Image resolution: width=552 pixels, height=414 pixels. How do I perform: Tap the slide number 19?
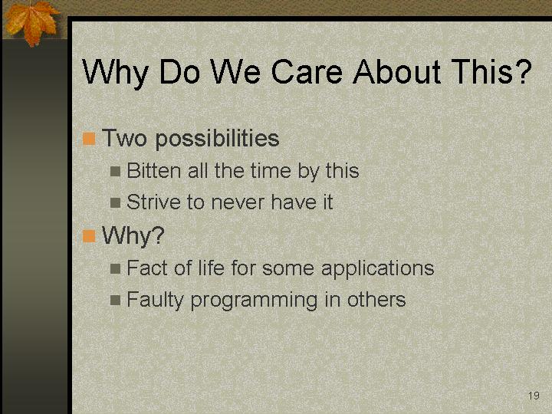(534, 396)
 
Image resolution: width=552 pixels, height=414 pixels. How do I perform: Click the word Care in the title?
(307, 71)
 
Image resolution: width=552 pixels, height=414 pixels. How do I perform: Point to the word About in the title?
(397, 71)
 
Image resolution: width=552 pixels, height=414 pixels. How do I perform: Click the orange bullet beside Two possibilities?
(89, 138)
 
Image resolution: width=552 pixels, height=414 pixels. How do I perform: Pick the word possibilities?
(217, 138)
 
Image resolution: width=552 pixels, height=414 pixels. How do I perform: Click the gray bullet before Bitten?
(115, 172)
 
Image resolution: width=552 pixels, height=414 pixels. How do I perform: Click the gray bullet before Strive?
(115, 202)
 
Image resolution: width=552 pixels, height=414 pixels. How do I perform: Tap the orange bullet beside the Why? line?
(89, 236)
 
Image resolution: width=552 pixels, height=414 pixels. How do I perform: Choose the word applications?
(377, 269)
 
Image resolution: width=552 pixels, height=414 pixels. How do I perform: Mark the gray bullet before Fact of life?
(115, 269)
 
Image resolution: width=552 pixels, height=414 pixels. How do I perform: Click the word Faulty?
(155, 301)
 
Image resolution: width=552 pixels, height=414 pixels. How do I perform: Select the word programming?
(254, 301)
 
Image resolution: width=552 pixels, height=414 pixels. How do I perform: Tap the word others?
(376, 300)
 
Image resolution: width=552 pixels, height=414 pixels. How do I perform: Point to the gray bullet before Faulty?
(115, 300)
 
